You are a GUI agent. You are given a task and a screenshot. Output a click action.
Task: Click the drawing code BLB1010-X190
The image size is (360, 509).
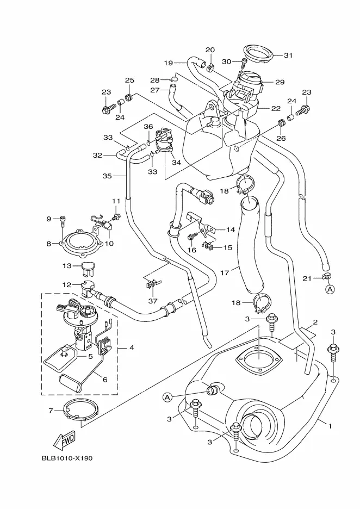[67, 458]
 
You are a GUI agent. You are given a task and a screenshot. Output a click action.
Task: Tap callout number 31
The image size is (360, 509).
[288, 55]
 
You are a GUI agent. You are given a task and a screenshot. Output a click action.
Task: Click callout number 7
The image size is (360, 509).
[51, 410]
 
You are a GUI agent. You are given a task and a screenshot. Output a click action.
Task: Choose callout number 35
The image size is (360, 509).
[107, 176]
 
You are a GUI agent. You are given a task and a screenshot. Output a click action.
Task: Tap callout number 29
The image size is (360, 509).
[280, 82]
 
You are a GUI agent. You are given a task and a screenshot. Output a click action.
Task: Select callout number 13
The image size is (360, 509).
[66, 265]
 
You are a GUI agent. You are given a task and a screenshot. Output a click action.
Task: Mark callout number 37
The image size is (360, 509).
[153, 301]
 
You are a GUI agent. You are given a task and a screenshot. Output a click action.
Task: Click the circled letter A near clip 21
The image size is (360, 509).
[330, 290]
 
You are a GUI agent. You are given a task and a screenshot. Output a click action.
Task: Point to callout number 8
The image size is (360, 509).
[48, 244]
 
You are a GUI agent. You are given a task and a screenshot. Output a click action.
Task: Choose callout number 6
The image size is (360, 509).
[105, 380]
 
